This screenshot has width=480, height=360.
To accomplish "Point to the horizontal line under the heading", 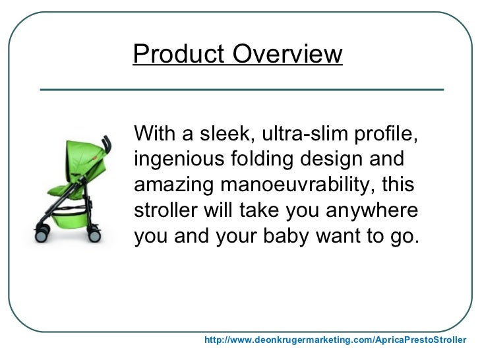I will [241, 88].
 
